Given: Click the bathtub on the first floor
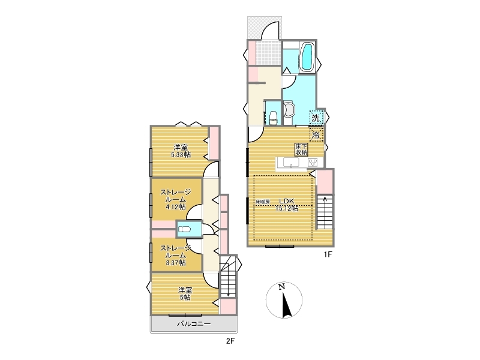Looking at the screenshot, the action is (x=308, y=56).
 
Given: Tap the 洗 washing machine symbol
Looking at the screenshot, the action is (x=316, y=117).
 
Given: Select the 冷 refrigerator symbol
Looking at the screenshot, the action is (x=316, y=134).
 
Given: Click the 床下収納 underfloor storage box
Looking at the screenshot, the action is (x=301, y=149).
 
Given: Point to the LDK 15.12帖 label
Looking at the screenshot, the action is (x=287, y=205).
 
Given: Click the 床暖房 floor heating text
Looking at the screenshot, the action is (x=263, y=202).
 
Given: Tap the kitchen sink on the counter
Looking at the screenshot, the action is (x=291, y=162).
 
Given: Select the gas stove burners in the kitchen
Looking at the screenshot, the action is (x=313, y=162).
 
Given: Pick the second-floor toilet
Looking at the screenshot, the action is (x=185, y=229).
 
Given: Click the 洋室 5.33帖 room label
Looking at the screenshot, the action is (x=181, y=151).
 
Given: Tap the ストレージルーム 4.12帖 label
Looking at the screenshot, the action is (x=176, y=199).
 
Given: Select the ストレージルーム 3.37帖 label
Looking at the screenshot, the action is (x=176, y=255).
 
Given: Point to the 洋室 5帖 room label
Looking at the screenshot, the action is (x=185, y=293).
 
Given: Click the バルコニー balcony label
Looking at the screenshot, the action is (x=194, y=323).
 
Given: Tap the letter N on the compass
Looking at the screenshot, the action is (x=281, y=287).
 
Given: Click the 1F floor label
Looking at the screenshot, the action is (x=328, y=254).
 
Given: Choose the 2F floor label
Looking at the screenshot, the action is (x=230, y=341).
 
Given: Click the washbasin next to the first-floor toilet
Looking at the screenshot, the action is (x=289, y=109).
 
